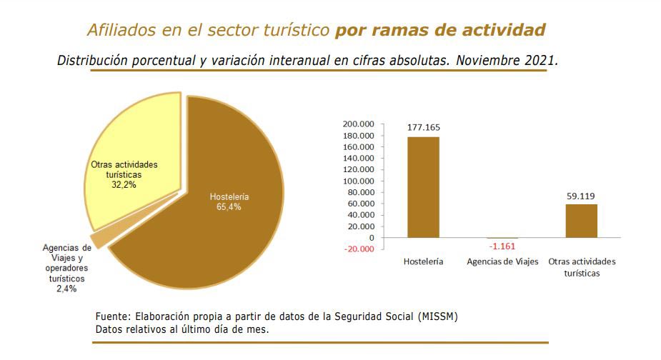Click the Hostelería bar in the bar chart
point(423,186)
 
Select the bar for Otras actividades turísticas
point(581,221)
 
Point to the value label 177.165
point(424,128)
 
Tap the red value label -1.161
point(502,247)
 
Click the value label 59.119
point(581,196)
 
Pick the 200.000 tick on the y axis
point(359,124)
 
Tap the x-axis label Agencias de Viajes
point(502,262)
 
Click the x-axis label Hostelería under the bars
point(423,262)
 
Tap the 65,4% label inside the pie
point(229,207)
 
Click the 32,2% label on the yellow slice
point(124,184)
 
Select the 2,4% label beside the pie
point(66,289)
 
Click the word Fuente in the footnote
point(113,316)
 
